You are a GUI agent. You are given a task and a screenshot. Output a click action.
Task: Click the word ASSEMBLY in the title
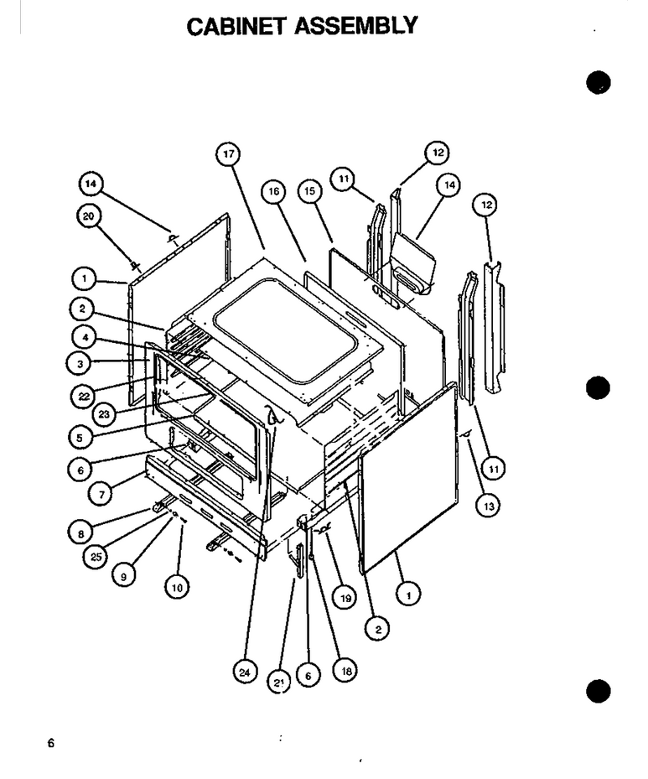pyautogui.click(x=356, y=25)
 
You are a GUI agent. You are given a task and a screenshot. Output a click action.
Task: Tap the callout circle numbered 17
pyautogui.click(x=228, y=154)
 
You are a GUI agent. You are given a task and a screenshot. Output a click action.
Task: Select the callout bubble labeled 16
pyautogui.click(x=274, y=192)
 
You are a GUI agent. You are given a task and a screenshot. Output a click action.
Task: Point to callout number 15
pyautogui.click(x=310, y=191)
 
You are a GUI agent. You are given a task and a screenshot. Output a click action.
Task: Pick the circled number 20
pyautogui.click(x=89, y=216)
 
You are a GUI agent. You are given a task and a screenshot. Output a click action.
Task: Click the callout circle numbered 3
pyautogui.click(x=80, y=364)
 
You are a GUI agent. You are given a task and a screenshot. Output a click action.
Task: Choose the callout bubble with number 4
pyautogui.click(x=85, y=338)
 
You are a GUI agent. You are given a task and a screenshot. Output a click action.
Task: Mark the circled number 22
pyautogui.click(x=84, y=397)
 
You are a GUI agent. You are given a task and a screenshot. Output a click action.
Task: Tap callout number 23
pyautogui.click(x=104, y=414)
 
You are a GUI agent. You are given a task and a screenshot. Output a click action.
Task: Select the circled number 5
pyautogui.click(x=80, y=439)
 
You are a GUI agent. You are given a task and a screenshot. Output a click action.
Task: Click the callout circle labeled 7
pyautogui.click(x=101, y=495)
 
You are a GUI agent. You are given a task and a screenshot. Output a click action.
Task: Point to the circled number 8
pyautogui.click(x=80, y=533)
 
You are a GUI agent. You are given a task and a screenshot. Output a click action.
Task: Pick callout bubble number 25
pyautogui.click(x=96, y=557)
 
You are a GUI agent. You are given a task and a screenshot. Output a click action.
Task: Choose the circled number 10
pyautogui.click(x=177, y=588)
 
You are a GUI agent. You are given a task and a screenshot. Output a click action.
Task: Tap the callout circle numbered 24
pyautogui.click(x=245, y=673)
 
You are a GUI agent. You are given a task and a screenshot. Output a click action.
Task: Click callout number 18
pyautogui.click(x=346, y=671)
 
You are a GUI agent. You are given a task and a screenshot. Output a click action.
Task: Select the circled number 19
pyautogui.click(x=345, y=598)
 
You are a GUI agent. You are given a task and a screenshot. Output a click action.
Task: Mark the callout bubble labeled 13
pyautogui.click(x=489, y=506)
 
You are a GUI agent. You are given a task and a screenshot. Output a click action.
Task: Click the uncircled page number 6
pyautogui.click(x=50, y=743)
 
